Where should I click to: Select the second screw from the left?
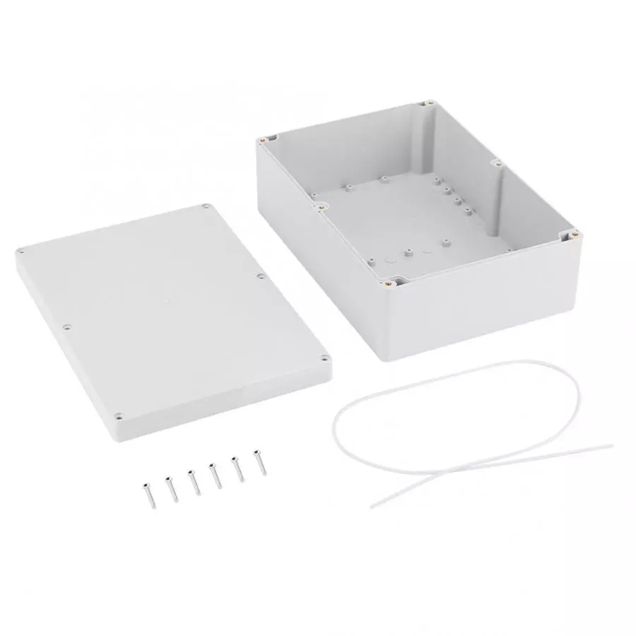point(170,487)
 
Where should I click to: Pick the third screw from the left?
point(193,480)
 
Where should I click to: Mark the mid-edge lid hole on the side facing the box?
point(261,276)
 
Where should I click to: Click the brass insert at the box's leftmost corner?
point(263,140)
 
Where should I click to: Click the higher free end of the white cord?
point(612,445)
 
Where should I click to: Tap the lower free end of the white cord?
point(372,507)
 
